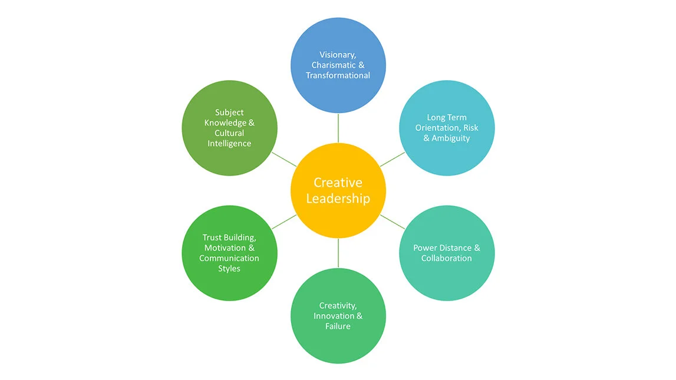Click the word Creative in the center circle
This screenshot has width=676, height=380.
point(338,183)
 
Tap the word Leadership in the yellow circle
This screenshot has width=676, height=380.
point(338,199)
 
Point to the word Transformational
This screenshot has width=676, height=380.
point(338,75)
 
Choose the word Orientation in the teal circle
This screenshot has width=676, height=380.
point(436,128)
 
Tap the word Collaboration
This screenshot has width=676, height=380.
point(446,258)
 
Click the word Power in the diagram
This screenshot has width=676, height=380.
point(425,248)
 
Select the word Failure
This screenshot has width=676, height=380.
point(338,326)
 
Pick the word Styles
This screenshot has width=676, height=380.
point(229,269)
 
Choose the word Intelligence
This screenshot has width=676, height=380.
point(229,144)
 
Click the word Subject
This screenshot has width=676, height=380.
point(229,113)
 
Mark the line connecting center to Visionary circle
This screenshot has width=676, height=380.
point(338,128)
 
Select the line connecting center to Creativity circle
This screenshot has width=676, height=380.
point(338,252)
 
